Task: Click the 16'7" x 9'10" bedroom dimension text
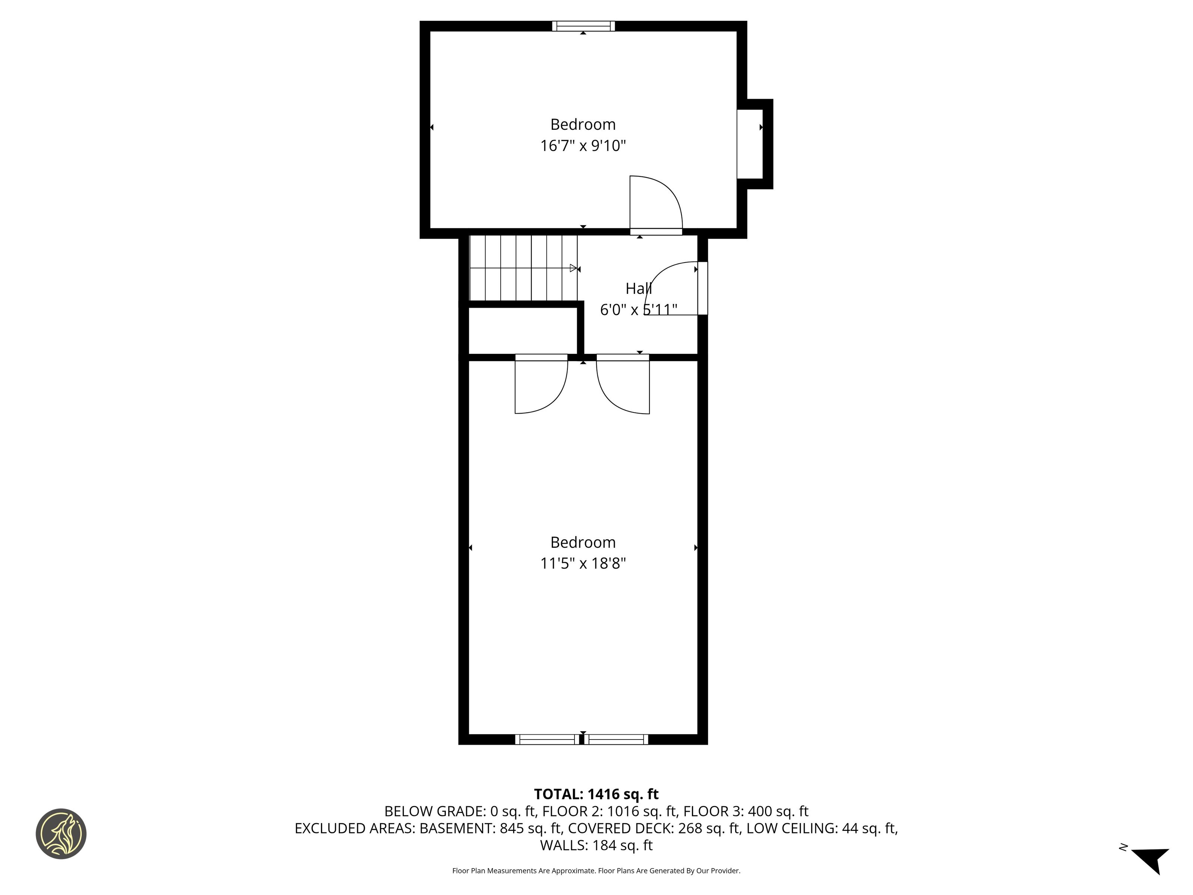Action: (583, 146)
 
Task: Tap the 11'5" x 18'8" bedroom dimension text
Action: (583, 564)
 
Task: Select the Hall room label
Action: (639, 289)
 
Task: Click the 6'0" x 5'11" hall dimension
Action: (639, 310)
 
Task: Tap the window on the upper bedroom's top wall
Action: (583, 26)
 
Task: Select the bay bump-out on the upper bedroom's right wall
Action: (755, 144)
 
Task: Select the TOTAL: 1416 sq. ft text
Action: (596, 794)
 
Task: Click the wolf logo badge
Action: (61, 833)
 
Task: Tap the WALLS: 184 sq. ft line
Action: (596, 845)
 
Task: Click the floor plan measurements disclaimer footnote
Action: (596, 871)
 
